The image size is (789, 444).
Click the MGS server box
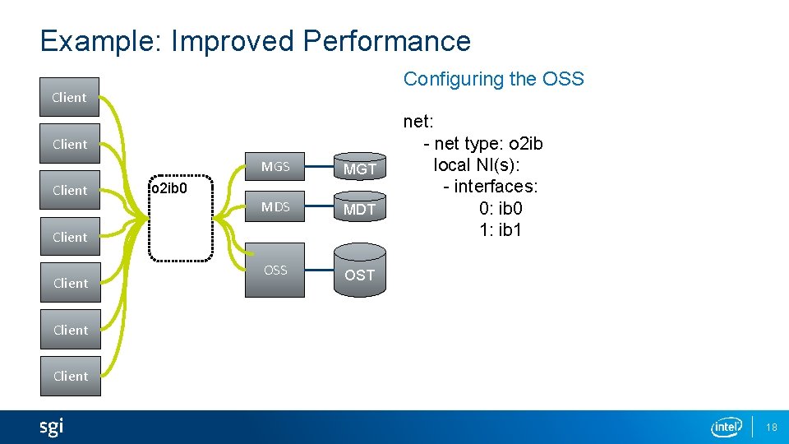pyautogui.click(x=275, y=167)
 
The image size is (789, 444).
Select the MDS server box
pyautogui.click(x=275, y=207)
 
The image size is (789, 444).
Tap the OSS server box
pyautogui.click(x=275, y=271)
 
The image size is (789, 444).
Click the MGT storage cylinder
pyautogui.click(x=359, y=169)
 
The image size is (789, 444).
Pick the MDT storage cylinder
pyautogui.click(x=359, y=209)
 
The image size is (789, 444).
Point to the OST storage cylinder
pyautogui.click(x=359, y=275)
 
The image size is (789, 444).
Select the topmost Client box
pyautogui.click(x=70, y=97)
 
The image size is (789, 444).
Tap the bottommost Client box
pyautogui.click(x=70, y=376)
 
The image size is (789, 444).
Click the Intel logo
pyautogui.click(x=727, y=427)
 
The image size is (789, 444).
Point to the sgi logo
pyautogui.click(x=51, y=427)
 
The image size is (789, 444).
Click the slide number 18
pyautogui.click(x=771, y=427)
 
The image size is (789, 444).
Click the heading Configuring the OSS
pyautogui.click(x=493, y=79)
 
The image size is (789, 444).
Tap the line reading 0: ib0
pyautogui.click(x=501, y=209)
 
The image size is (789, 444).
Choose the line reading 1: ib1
pyautogui.click(x=501, y=230)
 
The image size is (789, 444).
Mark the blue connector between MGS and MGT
pyautogui.click(x=318, y=168)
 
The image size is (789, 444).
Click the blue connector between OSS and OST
pyautogui.click(x=318, y=271)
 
